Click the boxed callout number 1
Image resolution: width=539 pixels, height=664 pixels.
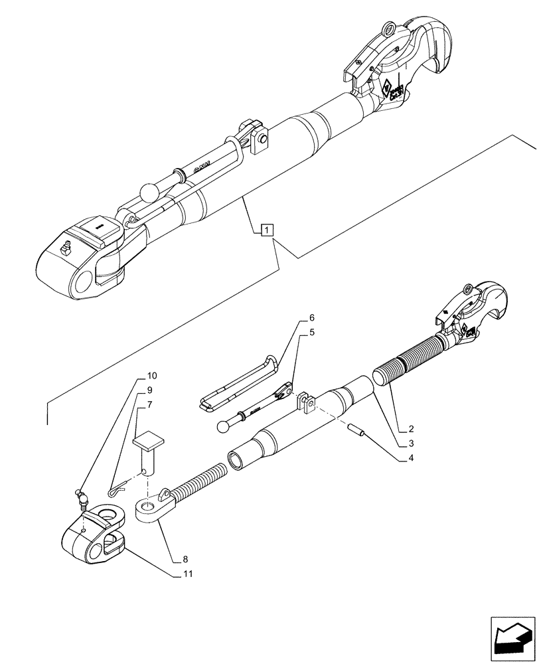click(x=266, y=230)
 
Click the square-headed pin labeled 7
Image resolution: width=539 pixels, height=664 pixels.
click(x=149, y=452)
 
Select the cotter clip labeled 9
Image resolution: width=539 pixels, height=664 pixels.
click(x=117, y=489)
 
